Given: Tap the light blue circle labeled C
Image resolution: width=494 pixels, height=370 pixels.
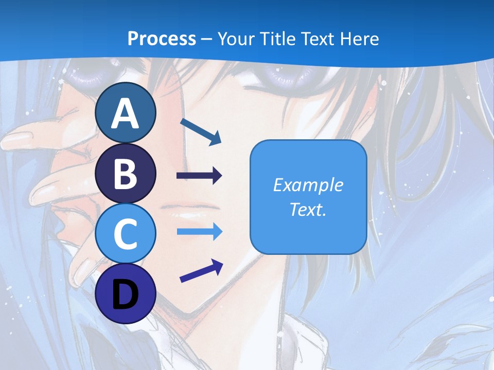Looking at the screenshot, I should pos(126,234).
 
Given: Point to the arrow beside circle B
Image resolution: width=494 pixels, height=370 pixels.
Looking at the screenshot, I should pos(199,176).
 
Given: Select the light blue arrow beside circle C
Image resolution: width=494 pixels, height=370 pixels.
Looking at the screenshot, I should pos(199,232).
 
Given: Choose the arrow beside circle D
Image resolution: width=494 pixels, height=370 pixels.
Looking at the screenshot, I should pos(201,271).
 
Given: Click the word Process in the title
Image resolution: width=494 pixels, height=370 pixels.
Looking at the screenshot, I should pos(162,39).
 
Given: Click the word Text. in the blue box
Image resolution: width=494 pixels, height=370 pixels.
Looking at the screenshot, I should pos(308,210).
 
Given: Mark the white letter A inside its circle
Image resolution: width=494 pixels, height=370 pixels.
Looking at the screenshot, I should pos(126,113).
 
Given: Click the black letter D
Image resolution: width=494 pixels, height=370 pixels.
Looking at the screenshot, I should pos(126,294).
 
